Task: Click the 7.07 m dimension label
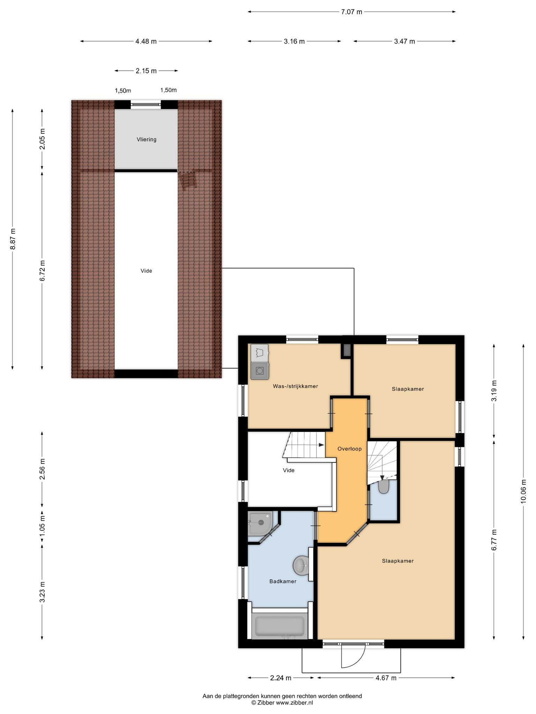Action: coord(351,12)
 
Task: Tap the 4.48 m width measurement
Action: coord(146,41)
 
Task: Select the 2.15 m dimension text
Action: coord(146,71)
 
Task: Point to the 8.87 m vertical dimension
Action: coord(13,239)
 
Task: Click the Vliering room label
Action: coord(147,139)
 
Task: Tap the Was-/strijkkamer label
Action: coord(296,386)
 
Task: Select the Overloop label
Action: coord(349,449)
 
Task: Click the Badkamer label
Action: coord(283,581)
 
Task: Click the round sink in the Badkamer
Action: coord(301,564)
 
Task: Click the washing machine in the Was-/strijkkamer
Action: coord(260,370)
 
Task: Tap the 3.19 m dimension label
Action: coord(494,390)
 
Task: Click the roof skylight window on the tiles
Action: coord(187,181)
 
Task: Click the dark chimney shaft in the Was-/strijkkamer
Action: coord(347,350)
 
